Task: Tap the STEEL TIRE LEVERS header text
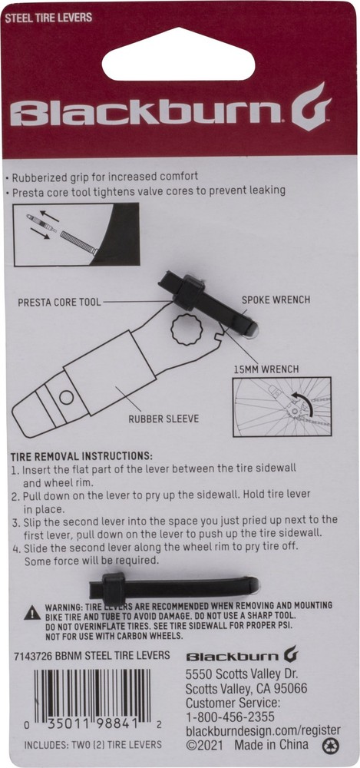pos(48,16)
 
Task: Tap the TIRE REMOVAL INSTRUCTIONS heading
pos(81,455)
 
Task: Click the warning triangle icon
pos(31,612)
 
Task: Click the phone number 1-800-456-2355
pos(230,716)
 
